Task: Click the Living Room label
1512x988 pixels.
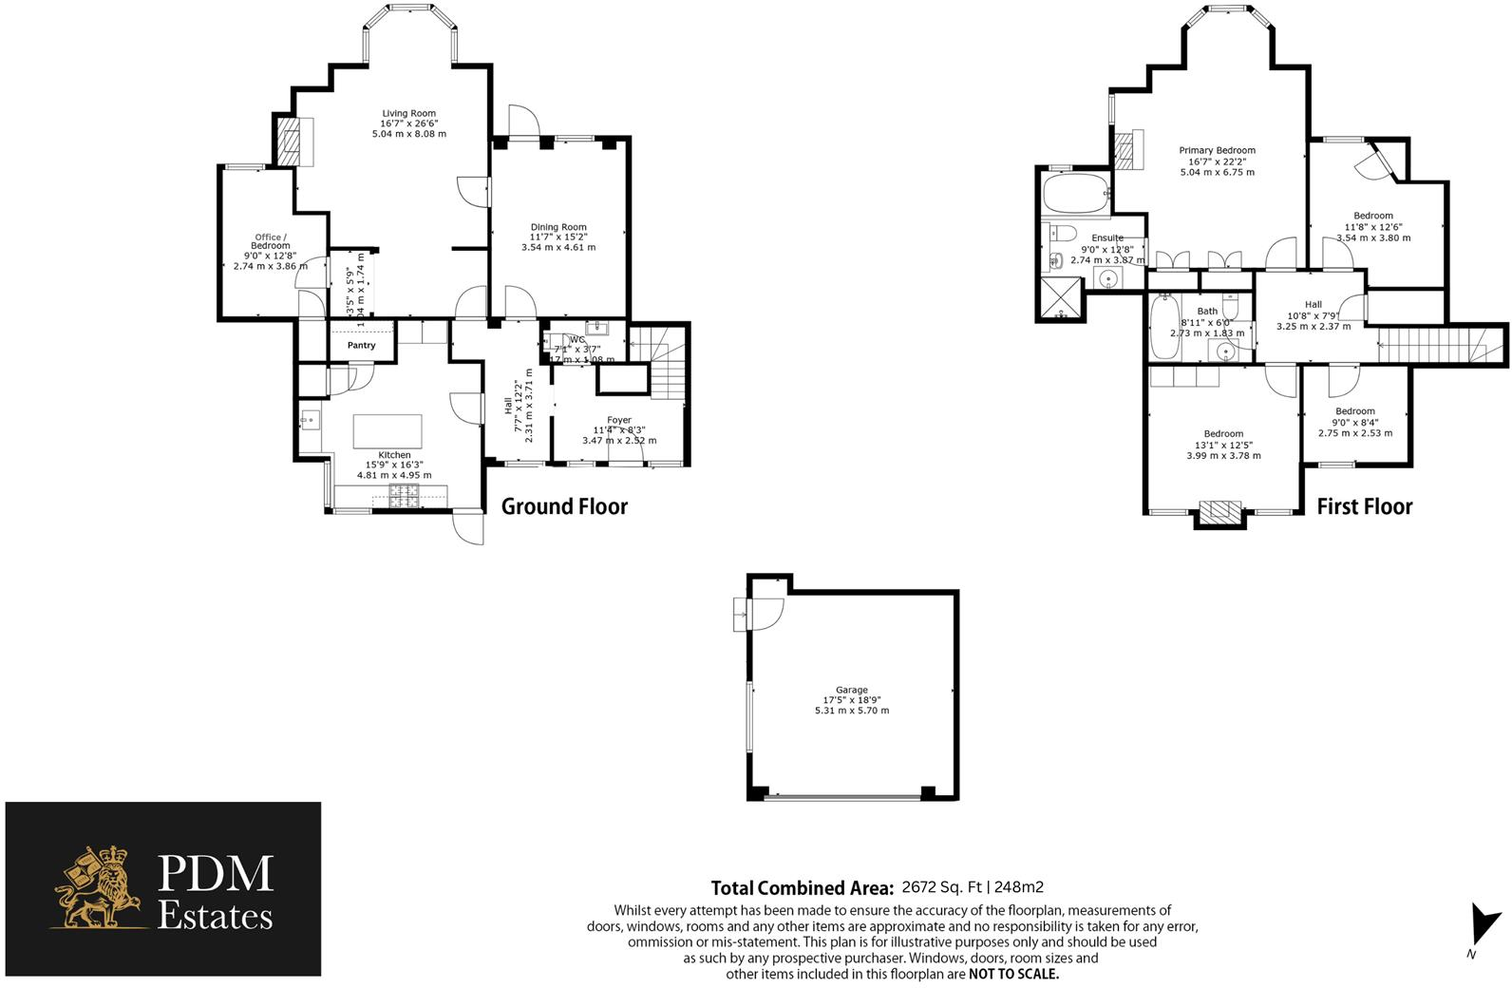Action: tap(408, 114)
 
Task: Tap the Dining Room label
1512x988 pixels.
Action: tap(558, 227)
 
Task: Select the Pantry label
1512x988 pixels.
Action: tap(361, 346)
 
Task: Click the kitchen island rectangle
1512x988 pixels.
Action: tap(387, 430)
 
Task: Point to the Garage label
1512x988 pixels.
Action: tap(851, 691)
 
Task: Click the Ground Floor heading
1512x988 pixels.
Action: tap(564, 506)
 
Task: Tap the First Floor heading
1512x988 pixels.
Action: tap(1364, 506)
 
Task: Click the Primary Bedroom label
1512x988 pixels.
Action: tap(1217, 150)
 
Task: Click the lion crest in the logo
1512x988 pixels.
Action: tap(99, 888)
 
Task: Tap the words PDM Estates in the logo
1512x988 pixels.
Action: tap(215, 892)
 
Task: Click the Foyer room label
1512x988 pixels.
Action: tap(618, 420)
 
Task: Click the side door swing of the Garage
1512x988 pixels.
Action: tap(765, 614)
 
